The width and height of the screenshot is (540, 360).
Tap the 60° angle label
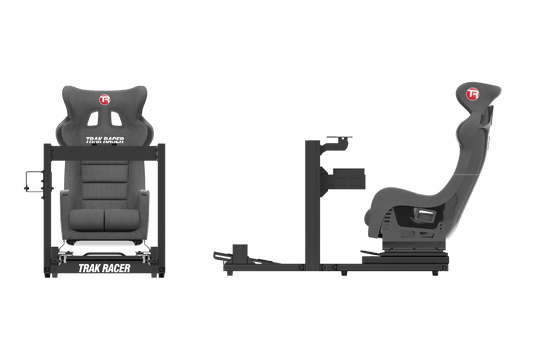coord(353,144)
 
